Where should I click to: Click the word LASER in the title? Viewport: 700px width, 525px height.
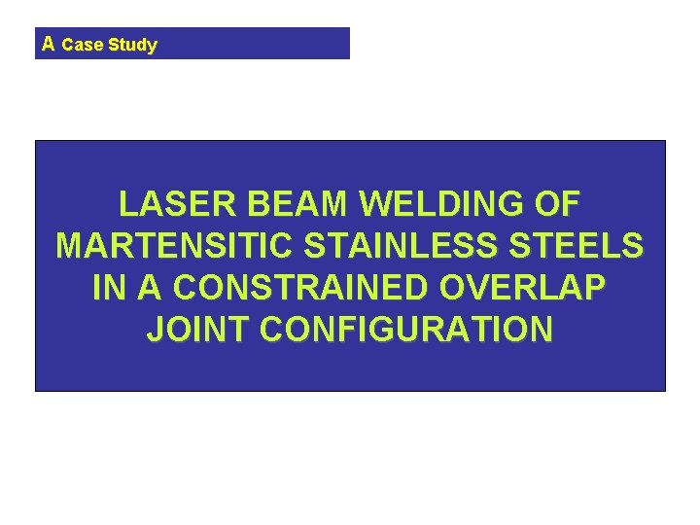tap(179, 204)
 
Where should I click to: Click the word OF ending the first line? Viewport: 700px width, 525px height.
tap(558, 204)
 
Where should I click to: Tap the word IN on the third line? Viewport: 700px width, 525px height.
tap(108, 288)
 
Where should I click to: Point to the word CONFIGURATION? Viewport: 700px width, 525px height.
tap(407, 330)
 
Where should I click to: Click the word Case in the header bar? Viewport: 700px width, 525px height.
tap(82, 45)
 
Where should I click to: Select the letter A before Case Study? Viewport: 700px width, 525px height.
tap(49, 44)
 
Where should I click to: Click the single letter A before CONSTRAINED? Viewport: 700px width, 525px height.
tap(147, 288)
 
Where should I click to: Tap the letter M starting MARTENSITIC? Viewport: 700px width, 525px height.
tap(71, 246)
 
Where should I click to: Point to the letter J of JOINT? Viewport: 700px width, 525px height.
tap(156, 330)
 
